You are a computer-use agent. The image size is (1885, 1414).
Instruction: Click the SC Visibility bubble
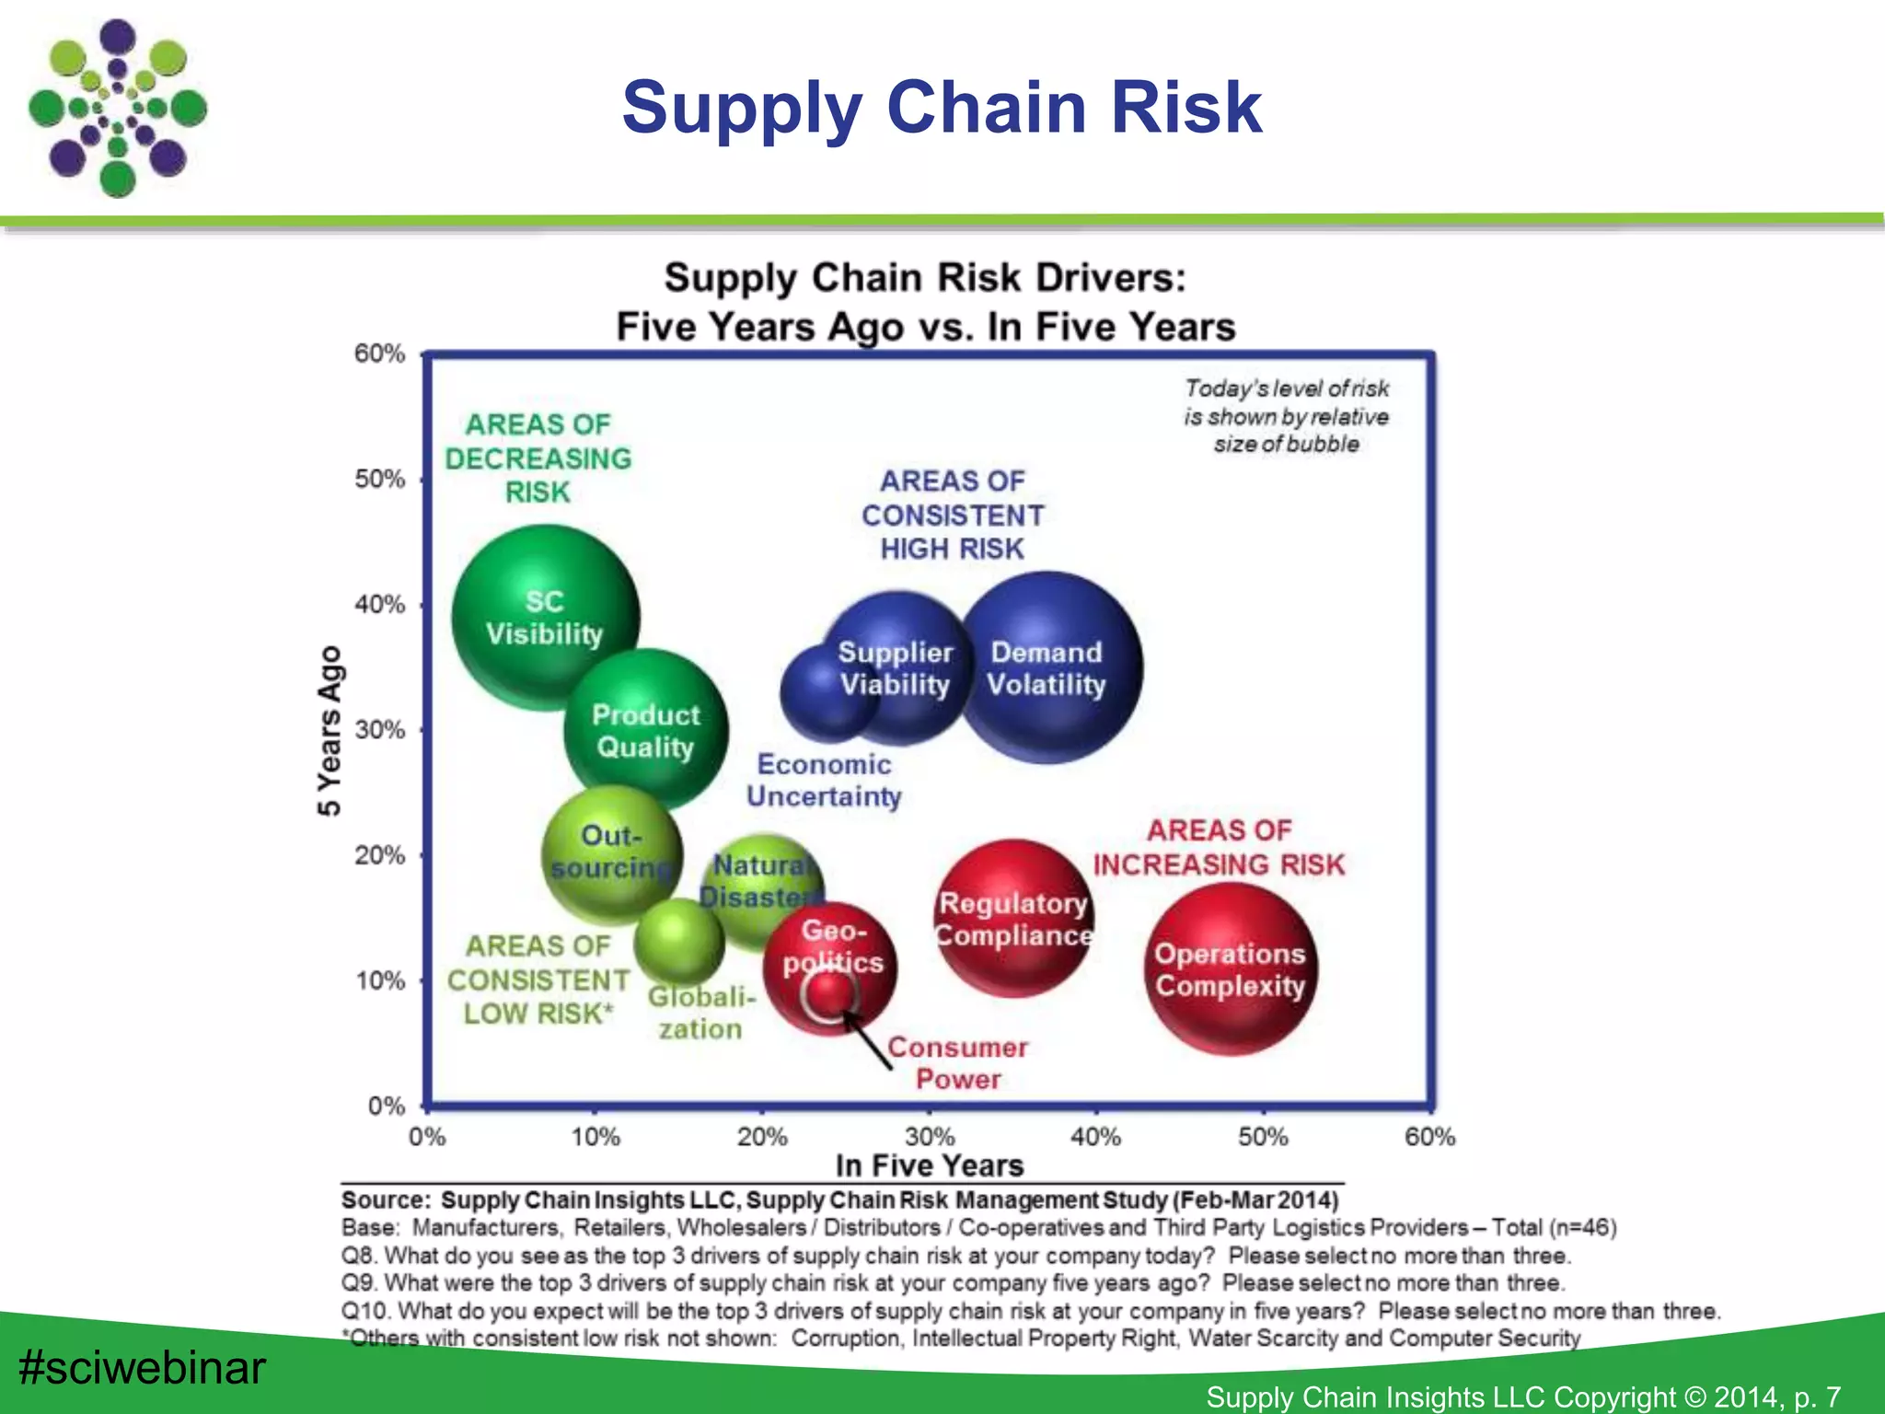[x=545, y=618]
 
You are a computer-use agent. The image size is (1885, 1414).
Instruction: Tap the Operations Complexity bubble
[x=1231, y=969]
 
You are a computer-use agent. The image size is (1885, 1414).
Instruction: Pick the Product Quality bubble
[x=646, y=730]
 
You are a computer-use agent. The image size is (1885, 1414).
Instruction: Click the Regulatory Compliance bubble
[x=1014, y=918]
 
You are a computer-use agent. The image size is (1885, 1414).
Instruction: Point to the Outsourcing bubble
[x=611, y=852]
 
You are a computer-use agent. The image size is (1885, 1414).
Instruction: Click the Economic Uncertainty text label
[x=824, y=781]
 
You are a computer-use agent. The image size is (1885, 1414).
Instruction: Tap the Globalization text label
[x=701, y=1013]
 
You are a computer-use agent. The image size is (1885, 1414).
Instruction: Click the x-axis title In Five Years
[x=929, y=1165]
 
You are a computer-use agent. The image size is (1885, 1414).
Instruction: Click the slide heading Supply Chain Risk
[x=941, y=107]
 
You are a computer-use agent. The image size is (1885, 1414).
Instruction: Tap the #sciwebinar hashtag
[x=142, y=1367]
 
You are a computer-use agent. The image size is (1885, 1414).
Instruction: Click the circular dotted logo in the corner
[x=118, y=109]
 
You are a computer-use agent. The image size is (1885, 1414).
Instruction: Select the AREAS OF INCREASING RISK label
[x=1219, y=848]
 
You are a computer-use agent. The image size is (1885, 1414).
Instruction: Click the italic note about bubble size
[x=1286, y=416]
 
